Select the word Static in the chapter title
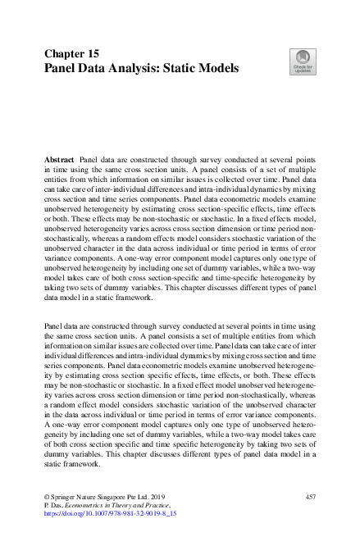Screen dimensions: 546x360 tap(171, 67)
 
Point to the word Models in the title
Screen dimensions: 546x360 tap(214, 67)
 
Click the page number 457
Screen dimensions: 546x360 tap(310, 498)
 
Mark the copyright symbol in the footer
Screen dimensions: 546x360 tap(46, 498)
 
